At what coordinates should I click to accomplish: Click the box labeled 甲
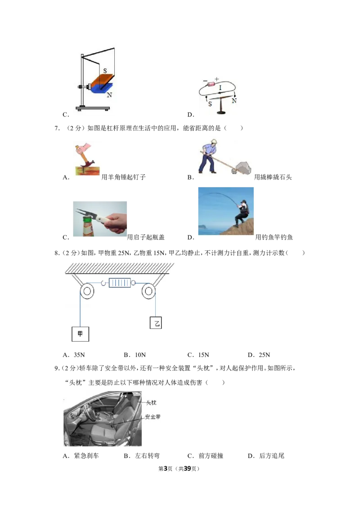pyautogui.click(x=80, y=334)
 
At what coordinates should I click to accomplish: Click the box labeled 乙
pyautogui.click(x=156, y=323)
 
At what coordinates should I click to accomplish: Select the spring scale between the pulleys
pyautogui.click(x=120, y=283)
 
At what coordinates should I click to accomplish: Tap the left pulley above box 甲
pyautogui.click(x=87, y=291)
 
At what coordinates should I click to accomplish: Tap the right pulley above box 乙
pyautogui.click(x=148, y=291)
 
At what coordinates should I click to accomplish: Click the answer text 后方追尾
pyautogui.click(x=272, y=456)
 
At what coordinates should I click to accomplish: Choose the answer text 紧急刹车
pyautogui.click(x=86, y=456)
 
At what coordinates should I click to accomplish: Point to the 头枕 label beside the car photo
pyautogui.click(x=151, y=402)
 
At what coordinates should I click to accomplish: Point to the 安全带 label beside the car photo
pyautogui.click(x=153, y=416)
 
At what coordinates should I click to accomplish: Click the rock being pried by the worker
pyautogui.click(x=243, y=168)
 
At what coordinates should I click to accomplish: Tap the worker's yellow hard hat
pyautogui.click(x=213, y=142)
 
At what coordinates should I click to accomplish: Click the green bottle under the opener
pyautogui.click(x=88, y=227)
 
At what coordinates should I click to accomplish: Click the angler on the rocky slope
pyautogui.click(x=241, y=213)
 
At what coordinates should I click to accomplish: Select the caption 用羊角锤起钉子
pyautogui.click(x=123, y=177)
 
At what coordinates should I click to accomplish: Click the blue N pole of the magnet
pyautogui.click(x=101, y=88)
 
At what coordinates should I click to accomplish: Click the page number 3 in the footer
pyautogui.click(x=166, y=469)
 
